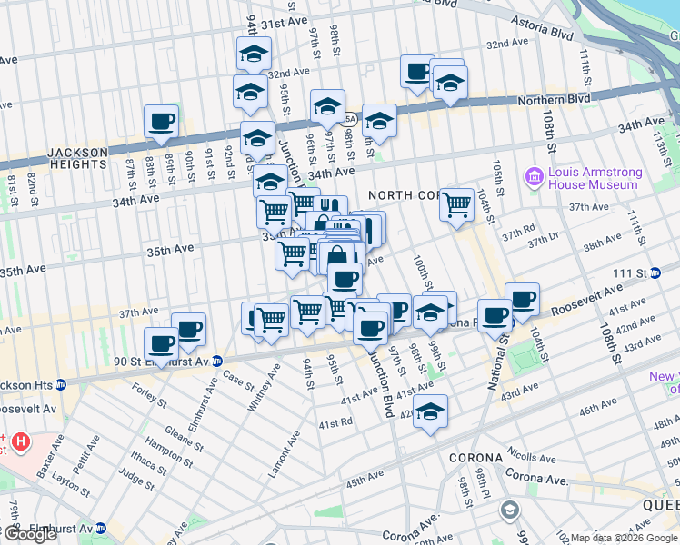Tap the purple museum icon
pyautogui.click(x=534, y=177)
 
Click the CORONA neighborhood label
pyautogui.click(x=474, y=457)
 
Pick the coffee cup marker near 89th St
pyautogui.click(x=161, y=122)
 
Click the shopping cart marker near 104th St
pyautogui.click(x=456, y=203)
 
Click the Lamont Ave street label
pyautogui.click(x=289, y=453)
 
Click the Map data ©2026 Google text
pyautogui.click(x=624, y=538)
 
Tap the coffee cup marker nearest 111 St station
pyautogui.click(x=522, y=298)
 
